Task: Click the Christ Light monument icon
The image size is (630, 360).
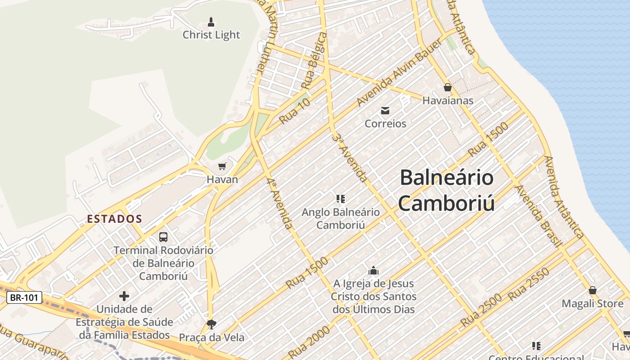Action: click(x=211, y=22)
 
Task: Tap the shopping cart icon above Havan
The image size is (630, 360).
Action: click(x=222, y=167)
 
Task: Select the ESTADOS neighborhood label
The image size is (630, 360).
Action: click(x=115, y=219)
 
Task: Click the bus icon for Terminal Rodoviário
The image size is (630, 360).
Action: click(x=163, y=237)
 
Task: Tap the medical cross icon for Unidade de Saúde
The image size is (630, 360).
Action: click(x=124, y=296)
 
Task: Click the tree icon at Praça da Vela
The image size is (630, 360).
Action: click(x=211, y=324)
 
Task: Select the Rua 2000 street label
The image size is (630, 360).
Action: click(x=309, y=342)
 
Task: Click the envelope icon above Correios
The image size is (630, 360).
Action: click(x=385, y=111)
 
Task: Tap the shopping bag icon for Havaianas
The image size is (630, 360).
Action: click(x=447, y=87)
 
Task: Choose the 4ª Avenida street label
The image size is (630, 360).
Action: click(x=279, y=203)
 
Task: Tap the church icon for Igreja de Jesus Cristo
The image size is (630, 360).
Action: click(x=373, y=270)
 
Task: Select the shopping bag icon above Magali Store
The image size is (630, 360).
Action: click(x=593, y=291)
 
